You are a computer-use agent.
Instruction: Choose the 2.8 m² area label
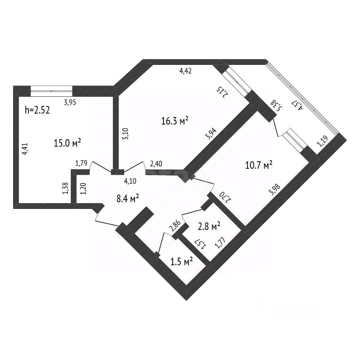click(208, 226)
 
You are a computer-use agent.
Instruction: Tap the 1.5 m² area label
click(182, 261)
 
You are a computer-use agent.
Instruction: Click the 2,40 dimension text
click(156, 163)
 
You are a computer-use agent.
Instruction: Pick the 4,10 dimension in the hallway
click(130, 181)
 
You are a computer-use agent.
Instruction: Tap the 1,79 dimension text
click(81, 163)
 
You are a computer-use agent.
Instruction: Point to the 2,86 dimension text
click(174, 228)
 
